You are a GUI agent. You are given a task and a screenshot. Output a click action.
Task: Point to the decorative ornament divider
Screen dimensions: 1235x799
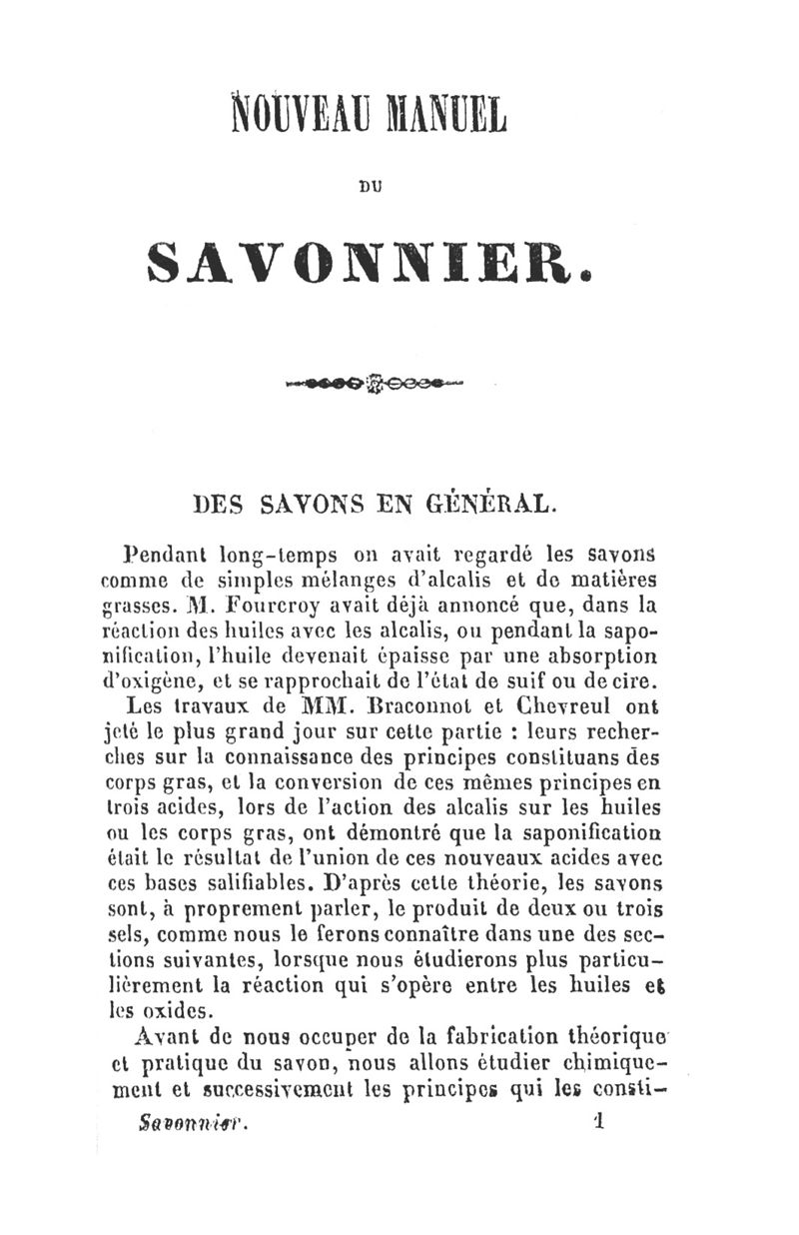tap(376, 383)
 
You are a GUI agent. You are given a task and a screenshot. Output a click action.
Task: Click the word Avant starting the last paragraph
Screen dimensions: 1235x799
tap(159, 1037)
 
